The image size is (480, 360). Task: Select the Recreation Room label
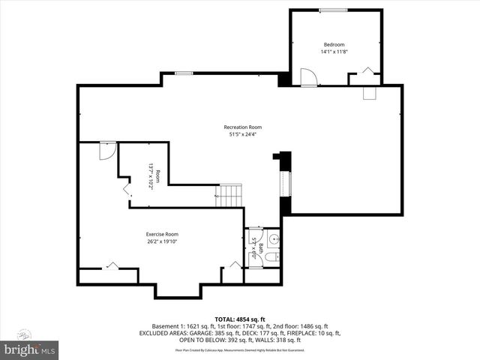242,127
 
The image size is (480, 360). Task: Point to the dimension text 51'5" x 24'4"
242,134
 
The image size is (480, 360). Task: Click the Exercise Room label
162,234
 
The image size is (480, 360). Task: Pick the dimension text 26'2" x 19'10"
162,241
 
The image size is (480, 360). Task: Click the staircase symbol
230,196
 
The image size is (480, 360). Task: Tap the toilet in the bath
273,257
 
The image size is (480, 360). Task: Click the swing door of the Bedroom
307,77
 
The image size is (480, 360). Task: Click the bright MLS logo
30,349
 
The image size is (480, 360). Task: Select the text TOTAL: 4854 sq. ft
240,318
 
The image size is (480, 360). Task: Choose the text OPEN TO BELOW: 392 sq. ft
193,340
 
